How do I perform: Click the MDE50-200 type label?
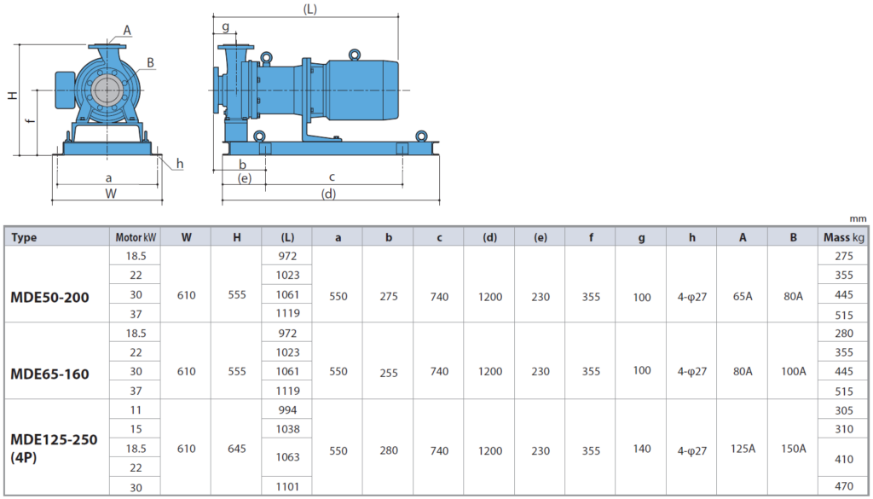point(49,298)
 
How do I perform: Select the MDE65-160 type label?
point(49,374)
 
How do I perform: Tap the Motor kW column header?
point(136,237)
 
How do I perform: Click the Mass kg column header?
point(844,237)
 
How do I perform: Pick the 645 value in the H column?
point(237,449)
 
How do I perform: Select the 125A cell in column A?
point(743,449)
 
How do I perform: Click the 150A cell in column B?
point(794,449)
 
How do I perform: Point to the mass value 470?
point(844,487)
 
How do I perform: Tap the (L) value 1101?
point(287,487)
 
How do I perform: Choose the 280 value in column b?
point(389,450)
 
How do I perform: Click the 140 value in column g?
point(641,449)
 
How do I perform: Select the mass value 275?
point(844,256)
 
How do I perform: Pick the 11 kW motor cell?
point(136,410)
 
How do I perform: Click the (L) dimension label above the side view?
point(310,9)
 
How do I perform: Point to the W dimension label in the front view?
point(111,194)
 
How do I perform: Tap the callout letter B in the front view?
point(150,63)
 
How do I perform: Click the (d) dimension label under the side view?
point(328,194)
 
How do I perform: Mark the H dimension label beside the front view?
point(12,96)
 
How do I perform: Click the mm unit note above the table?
point(858,219)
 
